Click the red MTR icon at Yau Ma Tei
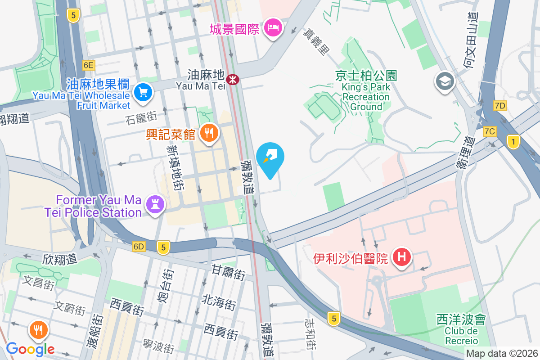(x=233, y=80)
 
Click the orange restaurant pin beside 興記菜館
(x=208, y=133)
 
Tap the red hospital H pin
(x=402, y=258)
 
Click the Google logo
(x=30, y=349)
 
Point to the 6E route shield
(x=89, y=65)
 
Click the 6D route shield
(x=139, y=247)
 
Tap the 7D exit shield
(x=500, y=106)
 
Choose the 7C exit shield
(x=490, y=131)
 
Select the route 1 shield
(x=513, y=142)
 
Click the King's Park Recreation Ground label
(x=365, y=97)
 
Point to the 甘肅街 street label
(x=229, y=272)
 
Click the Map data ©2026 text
(x=502, y=354)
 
